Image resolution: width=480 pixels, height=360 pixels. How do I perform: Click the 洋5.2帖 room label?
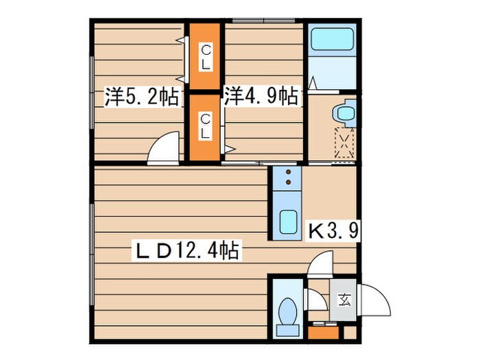click(142, 97)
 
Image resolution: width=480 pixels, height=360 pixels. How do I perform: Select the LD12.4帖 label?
click(187, 250)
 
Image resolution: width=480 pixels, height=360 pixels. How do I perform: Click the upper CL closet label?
click(206, 57)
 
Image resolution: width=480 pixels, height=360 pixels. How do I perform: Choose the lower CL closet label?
click(206, 126)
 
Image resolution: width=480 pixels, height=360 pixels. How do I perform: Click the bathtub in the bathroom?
click(332, 39)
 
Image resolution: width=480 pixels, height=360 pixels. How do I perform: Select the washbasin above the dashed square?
click(345, 113)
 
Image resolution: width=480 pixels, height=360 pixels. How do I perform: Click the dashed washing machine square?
click(345, 143)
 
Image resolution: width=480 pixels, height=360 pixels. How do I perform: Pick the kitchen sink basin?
click(288, 222)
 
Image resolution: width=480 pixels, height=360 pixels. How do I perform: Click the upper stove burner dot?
click(288, 172)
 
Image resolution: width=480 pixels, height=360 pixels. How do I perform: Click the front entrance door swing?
click(374, 300)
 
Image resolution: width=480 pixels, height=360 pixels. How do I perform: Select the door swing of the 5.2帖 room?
click(163, 148)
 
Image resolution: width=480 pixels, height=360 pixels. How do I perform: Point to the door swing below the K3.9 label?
click(320, 264)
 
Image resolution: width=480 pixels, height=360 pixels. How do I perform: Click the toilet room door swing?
click(315, 300)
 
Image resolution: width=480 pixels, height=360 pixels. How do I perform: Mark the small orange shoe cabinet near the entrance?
click(323, 333)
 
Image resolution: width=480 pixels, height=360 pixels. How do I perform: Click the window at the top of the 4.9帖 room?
click(263, 21)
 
